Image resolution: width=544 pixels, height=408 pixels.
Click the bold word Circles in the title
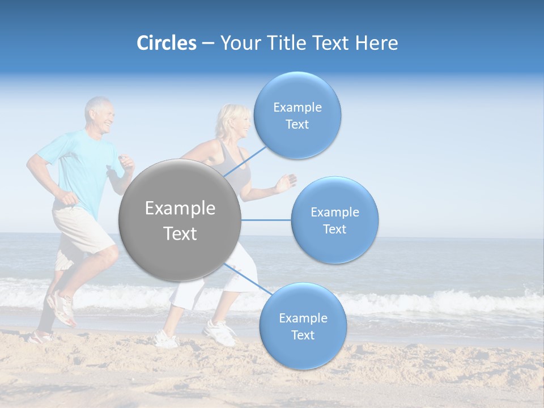pos(166,43)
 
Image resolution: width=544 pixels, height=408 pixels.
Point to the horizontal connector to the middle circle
pos(266,220)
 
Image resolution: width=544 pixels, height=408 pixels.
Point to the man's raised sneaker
pos(62,307)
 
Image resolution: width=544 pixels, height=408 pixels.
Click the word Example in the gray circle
pos(180,209)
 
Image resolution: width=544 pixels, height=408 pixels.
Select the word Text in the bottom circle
pos(303,335)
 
